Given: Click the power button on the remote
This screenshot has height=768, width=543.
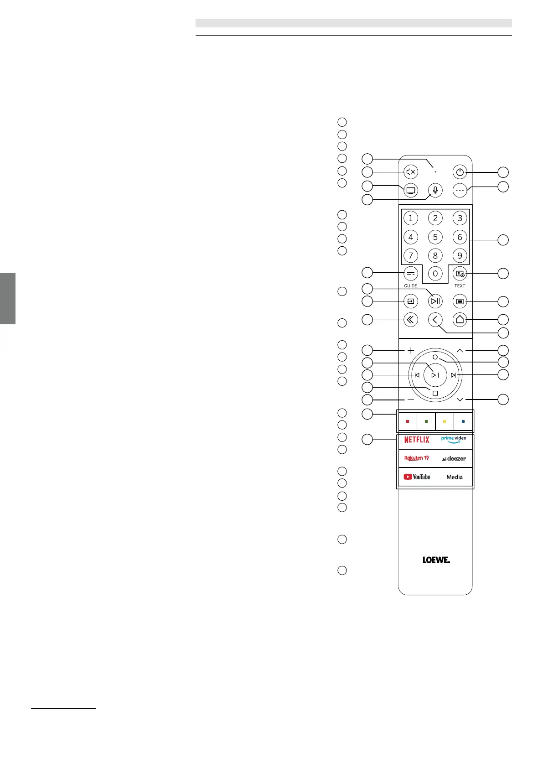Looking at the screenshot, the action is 460,172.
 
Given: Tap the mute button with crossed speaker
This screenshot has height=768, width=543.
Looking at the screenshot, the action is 411,172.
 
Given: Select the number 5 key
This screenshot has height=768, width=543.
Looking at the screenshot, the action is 435,237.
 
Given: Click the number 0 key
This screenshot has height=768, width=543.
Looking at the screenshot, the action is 435,273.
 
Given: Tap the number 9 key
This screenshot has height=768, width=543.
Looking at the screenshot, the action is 460,255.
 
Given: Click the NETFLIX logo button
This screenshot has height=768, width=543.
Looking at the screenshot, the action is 417,440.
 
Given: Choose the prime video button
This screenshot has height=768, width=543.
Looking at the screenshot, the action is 454,440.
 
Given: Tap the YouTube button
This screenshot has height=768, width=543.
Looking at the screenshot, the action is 417,477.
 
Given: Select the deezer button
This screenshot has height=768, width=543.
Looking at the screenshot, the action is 454,458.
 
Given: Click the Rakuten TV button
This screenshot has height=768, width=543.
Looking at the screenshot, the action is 417,458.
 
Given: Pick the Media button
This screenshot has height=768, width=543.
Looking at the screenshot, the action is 454,477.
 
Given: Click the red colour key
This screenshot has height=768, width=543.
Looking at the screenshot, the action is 408,421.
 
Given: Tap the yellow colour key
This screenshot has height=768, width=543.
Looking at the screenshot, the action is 445,421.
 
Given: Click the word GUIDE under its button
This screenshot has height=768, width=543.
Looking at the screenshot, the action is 411,286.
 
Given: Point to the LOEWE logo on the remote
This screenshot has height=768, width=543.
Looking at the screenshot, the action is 436,560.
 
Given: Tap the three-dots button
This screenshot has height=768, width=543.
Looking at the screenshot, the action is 460,190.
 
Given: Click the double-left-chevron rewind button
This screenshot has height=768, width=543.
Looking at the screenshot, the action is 411,320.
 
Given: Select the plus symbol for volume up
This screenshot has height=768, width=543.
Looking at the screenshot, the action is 411,350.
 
